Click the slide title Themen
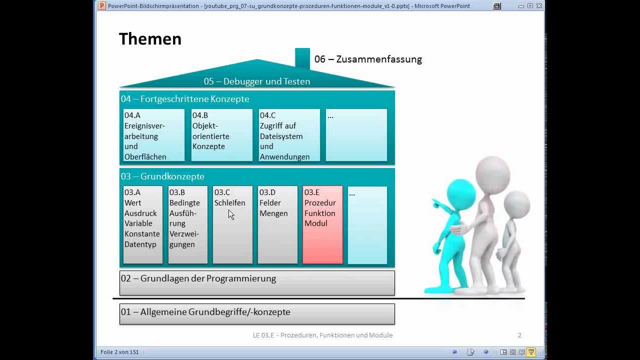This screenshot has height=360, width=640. [150, 39]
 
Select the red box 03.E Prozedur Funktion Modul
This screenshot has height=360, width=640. [322, 224]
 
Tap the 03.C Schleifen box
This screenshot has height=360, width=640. [232, 224]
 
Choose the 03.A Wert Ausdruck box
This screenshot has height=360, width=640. [142, 224]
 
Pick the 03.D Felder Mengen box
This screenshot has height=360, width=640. [277, 224]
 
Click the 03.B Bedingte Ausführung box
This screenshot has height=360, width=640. [187, 224]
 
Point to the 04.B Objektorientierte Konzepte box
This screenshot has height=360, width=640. [221, 135]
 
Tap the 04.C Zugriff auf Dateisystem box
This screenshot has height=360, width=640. [289, 135]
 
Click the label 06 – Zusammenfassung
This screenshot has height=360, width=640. [368, 59]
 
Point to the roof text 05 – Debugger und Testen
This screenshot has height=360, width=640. [257, 81]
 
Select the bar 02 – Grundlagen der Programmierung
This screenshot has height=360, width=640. [257, 282]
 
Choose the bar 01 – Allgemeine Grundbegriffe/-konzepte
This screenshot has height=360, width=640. [257, 313]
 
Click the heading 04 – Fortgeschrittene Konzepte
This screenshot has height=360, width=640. [185, 99]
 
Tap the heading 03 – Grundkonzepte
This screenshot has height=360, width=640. [162, 176]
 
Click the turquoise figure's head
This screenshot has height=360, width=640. [460, 193]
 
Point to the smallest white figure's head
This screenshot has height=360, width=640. [516, 204]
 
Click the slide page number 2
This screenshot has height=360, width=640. [519, 335]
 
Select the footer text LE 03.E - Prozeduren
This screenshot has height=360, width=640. [322, 335]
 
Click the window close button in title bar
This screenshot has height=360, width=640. [539, 6]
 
